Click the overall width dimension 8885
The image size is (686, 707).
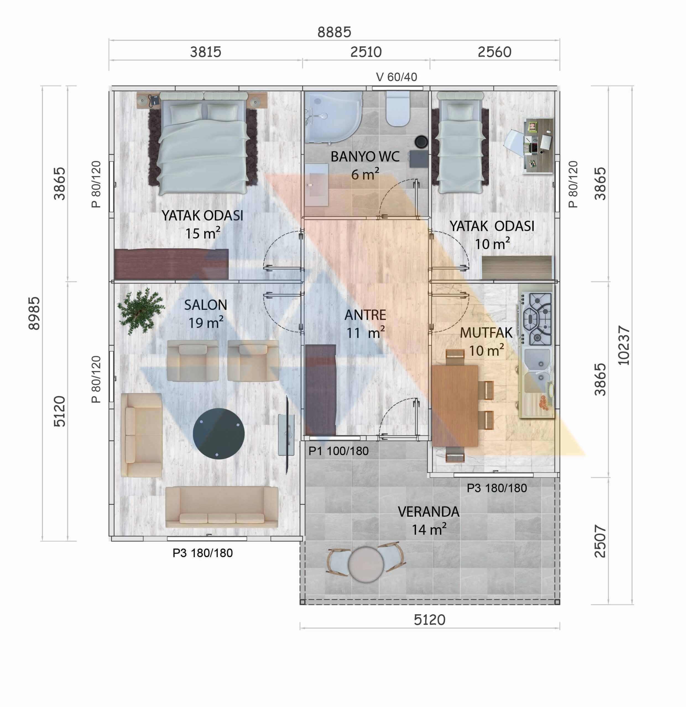click(x=334, y=32)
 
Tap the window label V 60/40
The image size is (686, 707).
click(x=397, y=77)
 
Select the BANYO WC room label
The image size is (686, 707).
click(x=365, y=157)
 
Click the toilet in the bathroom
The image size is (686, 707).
click(x=398, y=109)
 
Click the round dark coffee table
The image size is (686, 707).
click(x=218, y=433)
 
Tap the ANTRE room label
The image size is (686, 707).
click(x=365, y=315)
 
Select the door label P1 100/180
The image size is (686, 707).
click(x=338, y=451)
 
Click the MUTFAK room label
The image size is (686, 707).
click(x=486, y=333)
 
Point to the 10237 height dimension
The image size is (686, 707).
click(x=624, y=345)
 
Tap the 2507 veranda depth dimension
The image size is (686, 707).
click(x=600, y=541)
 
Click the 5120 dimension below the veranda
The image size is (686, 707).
click(x=429, y=620)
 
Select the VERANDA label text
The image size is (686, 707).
click(x=429, y=512)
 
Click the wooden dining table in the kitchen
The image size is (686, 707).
click(x=455, y=406)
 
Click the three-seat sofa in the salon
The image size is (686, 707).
click(x=222, y=507)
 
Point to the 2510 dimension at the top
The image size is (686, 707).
click(x=366, y=52)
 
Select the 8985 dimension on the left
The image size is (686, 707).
click(x=34, y=313)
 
